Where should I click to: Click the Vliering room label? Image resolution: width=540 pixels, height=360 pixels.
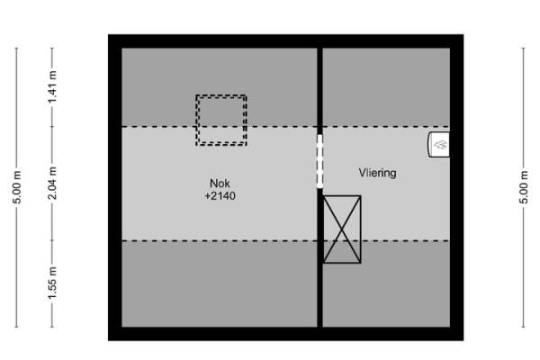coord(378,171)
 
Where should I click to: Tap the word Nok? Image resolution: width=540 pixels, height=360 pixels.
coord(220,181)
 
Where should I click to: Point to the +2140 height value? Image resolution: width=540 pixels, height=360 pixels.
coord(220,195)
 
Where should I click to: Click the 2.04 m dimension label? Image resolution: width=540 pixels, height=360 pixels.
coord(52,184)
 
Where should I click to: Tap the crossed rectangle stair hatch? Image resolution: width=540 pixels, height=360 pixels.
coord(342,229)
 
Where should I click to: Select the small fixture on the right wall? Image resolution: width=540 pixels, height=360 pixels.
coord(440,144)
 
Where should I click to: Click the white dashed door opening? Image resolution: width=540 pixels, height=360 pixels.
coord(319,162)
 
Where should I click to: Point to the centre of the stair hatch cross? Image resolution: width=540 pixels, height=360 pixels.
coord(342,229)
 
